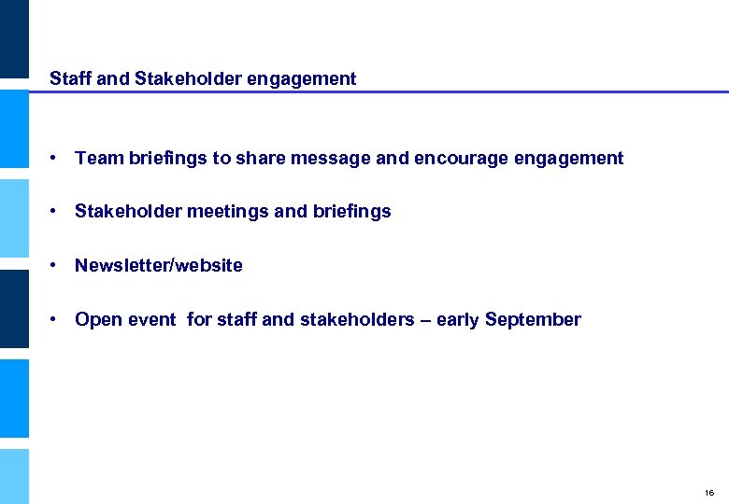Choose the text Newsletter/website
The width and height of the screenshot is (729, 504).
tap(159, 266)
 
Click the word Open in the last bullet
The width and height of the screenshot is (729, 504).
tap(96, 320)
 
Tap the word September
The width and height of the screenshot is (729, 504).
tap(534, 320)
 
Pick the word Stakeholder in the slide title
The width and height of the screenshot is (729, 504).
tap(189, 79)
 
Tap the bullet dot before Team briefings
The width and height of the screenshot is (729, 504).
tap(57, 159)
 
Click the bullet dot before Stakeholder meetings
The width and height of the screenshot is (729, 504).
tap(57, 212)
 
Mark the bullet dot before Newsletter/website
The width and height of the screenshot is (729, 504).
tap(57, 266)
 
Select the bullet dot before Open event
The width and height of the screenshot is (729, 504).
tap(57, 320)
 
